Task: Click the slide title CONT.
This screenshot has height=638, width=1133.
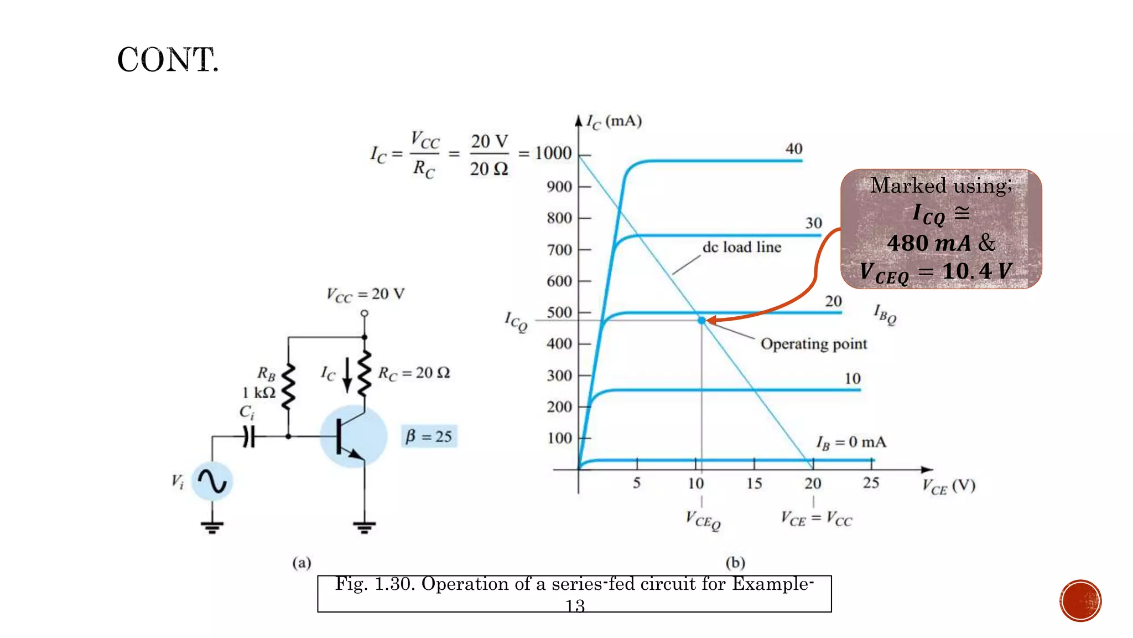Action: [x=168, y=60]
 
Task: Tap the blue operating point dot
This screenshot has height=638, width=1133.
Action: [x=701, y=321]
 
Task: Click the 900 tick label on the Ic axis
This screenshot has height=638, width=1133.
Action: [x=559, y=187]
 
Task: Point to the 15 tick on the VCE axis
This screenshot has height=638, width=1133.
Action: [x=754, y=483]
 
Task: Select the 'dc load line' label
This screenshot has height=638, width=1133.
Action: [x=742, y=247]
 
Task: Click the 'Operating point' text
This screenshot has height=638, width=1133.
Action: [x=813, y=344]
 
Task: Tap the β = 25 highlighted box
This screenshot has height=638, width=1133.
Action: [x=429, y=436]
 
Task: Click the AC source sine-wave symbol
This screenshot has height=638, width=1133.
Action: [x=212, y=481]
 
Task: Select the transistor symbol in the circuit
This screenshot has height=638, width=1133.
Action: [x=353, y=436]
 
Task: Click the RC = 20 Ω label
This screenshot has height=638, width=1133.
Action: [x=413, y=373]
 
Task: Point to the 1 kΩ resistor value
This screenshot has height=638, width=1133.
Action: [x=258, y=393]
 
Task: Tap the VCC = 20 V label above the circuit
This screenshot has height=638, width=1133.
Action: [x=365, y=294]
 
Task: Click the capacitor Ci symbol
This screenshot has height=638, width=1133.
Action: [x=249, y=436]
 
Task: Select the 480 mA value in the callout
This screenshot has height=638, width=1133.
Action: [x=929, y=243]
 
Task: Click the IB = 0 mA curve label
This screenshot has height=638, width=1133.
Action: [x=851, y=443]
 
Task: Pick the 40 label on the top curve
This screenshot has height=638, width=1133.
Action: [x=794, y=148]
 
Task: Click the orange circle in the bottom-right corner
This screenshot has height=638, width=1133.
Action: [x=1080, y=601]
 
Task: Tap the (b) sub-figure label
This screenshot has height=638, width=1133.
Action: [x=735, y=563]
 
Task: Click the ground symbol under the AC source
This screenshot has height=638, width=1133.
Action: [x=212, y=527]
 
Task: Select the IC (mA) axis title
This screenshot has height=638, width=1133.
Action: [x=614, y=121]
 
